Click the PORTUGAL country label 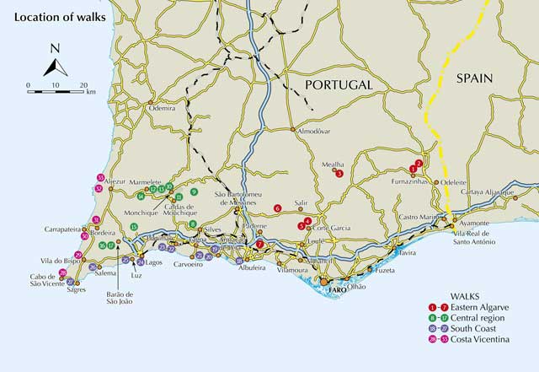pyautogui.click(x=339, y=85)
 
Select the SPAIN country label pyautogui.click(x=477, y=78)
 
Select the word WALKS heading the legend pyautogui.click(x=467, y=296)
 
